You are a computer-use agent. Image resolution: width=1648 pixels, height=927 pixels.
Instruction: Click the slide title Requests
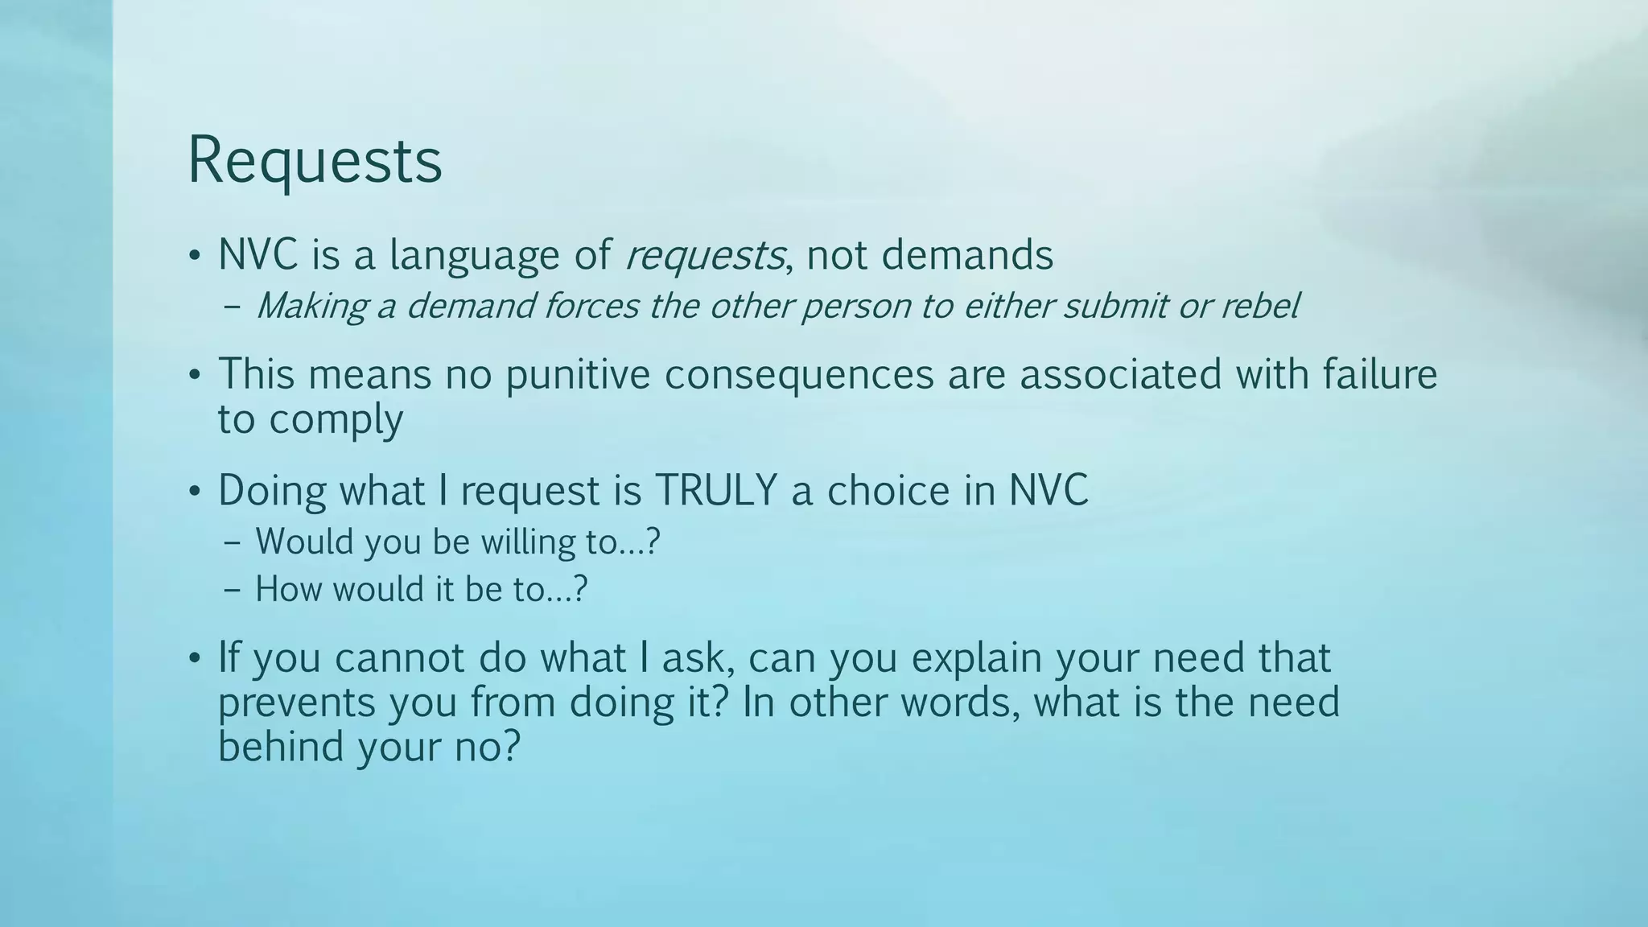click(x=315, y=161)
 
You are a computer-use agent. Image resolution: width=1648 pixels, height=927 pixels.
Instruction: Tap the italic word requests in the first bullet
click(x=704, y=256)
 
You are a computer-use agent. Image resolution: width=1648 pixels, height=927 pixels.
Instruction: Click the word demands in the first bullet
click(x=967, y=255)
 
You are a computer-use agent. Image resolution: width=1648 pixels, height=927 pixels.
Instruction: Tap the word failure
click(x=1380, y=375)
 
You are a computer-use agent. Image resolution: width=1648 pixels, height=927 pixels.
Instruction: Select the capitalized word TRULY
click(x=716, y=490)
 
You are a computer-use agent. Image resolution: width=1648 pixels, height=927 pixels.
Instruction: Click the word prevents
click(x=297, y=702)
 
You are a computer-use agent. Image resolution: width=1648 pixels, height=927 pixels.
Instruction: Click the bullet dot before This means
click(x=194, y=376)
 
